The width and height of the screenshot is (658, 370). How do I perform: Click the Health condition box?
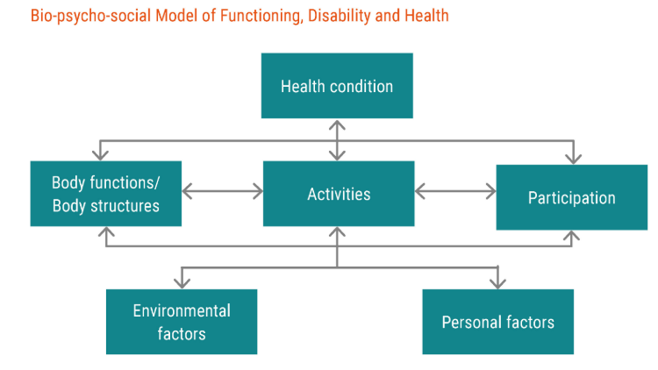[337, 86]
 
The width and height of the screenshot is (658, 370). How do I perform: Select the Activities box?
[339, 194]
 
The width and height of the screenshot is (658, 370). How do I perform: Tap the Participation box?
[571, 197]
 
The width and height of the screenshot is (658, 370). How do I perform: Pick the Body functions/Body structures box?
[106, 194]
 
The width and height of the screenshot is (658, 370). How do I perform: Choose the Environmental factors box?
[182, 322]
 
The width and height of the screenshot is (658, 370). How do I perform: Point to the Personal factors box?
[498, 322]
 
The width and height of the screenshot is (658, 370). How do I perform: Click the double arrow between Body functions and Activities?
[223, 191]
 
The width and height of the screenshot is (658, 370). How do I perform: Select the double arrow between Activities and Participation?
[455, 191]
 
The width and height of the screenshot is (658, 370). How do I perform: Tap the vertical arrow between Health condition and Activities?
[337, 140]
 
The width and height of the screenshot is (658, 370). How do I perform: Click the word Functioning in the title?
[261, 16]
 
